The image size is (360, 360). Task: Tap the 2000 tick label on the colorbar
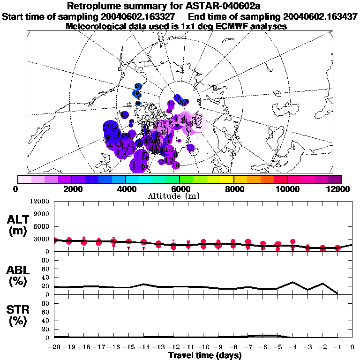point(71,189)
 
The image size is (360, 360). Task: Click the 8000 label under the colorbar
point(234,189)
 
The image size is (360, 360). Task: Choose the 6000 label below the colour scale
point(180,189)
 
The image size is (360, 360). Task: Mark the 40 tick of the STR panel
point(46,321)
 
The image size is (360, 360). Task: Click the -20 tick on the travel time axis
point(55,347)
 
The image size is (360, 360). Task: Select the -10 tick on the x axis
point(203,347)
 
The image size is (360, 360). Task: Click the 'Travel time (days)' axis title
point(205,356)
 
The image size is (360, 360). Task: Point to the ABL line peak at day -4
point(292,282)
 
